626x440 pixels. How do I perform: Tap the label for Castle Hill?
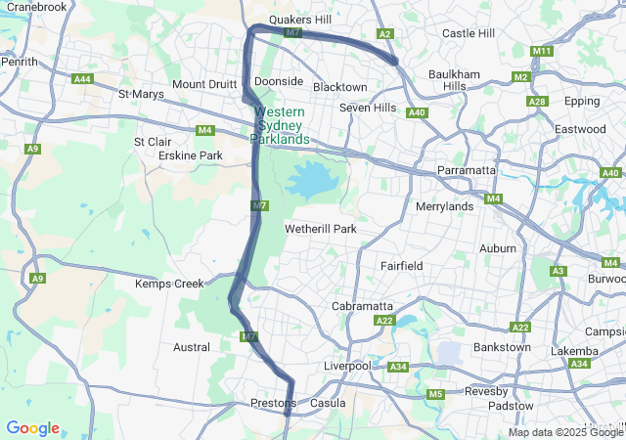pos(469,33)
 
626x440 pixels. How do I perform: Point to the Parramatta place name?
pos(468,170)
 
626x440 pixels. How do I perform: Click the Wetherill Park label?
pos(320,229)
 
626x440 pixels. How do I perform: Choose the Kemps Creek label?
pos(169,284)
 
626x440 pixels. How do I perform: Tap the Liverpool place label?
pos(347,366)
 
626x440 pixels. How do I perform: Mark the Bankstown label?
pos(502,347)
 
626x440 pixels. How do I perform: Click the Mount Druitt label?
pos(203,84)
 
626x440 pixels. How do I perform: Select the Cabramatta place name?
pos(362,306)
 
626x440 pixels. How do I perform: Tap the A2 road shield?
pos(385,34)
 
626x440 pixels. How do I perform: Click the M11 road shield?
pos(542,51)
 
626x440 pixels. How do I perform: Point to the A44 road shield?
pos(83,78)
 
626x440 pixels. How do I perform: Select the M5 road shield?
pos(435,394)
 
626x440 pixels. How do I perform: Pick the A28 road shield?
pos(536,102)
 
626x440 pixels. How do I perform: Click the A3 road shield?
pos(559,271)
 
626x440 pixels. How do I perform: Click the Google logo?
pos(32,428)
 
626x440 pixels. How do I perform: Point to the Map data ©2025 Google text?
pos(565,432)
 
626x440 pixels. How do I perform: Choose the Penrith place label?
pos(20,62)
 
